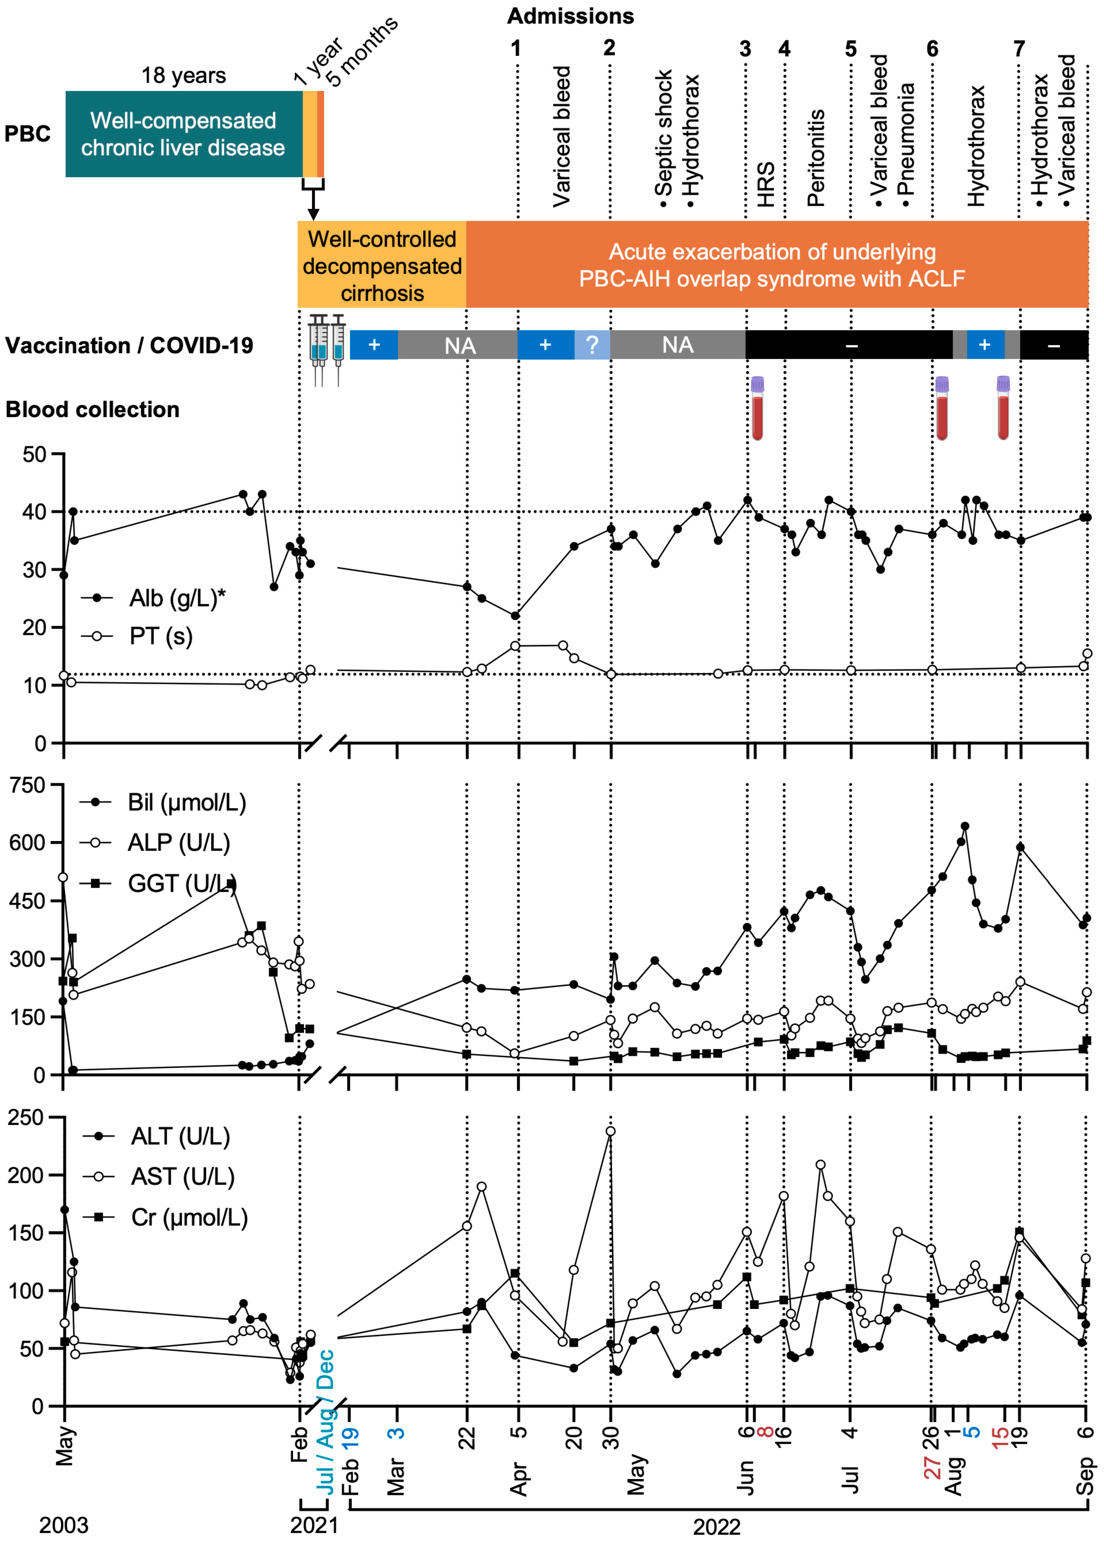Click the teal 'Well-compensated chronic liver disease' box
tap(183, 134)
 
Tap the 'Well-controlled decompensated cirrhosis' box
tap(382, 266)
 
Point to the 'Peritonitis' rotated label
tap(815, 158)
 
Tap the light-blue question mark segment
tap(592, 345)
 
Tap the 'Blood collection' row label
tap(92, 410)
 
